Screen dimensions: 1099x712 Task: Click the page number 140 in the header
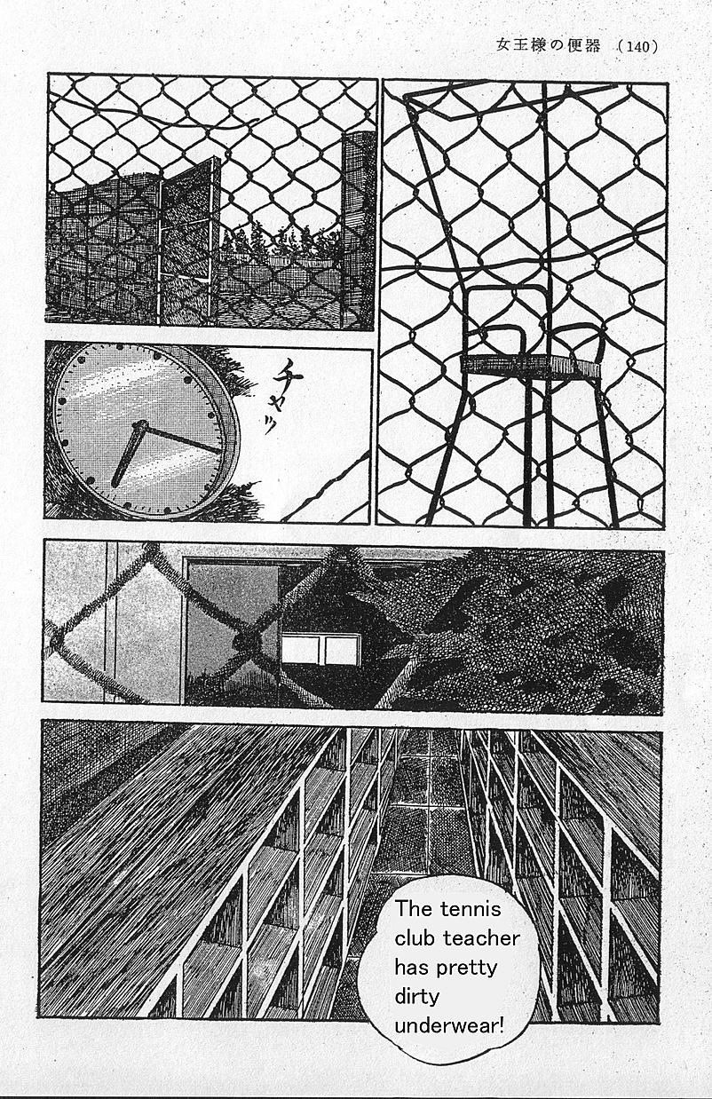coord(639,46)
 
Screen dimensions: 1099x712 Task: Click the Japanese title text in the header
coord(548,45)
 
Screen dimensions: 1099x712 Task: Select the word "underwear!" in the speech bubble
coord(449,1027)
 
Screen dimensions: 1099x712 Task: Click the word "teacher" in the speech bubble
coord(482,938)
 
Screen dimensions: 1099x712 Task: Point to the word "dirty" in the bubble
coord(416,997)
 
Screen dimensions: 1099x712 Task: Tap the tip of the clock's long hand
coord(221,451)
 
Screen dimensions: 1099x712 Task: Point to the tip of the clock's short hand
coord(115,485)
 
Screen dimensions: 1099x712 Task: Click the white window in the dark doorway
coord(320,650)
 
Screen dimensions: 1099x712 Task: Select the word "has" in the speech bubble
coord(413,968)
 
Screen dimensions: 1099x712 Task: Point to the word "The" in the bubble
coord(413,909)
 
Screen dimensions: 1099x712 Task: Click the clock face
coord(142,431)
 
